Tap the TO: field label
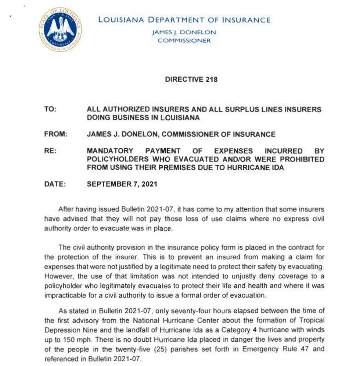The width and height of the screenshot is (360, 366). pos(50,109)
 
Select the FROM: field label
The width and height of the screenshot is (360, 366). pos(56,134)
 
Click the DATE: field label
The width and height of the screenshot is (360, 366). pos(55,184)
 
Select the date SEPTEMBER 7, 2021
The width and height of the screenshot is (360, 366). pos(122,184)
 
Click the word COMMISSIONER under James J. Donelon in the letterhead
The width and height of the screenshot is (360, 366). pos(184,40)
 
